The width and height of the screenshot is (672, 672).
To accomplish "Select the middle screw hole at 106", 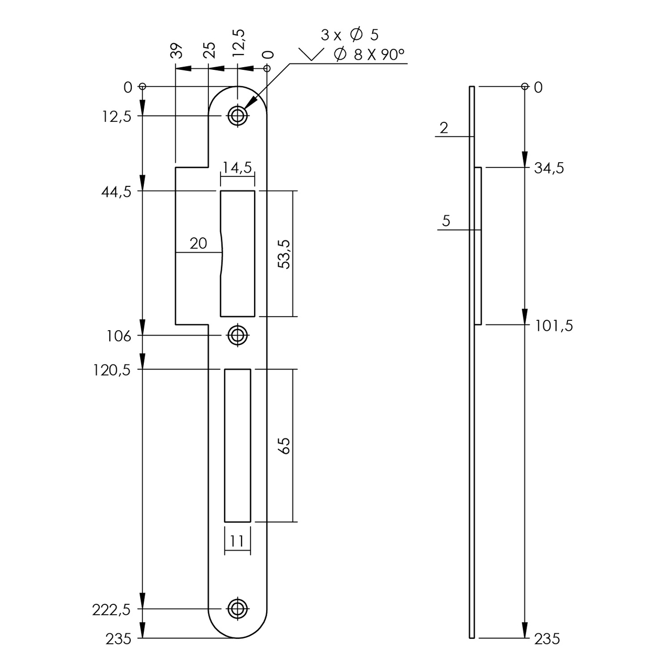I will pos(238,335).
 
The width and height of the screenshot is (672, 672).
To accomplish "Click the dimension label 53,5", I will pos(283,254).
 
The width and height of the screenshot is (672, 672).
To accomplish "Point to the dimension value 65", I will pos(283,445).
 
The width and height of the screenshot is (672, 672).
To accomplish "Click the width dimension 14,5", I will pos(237,167).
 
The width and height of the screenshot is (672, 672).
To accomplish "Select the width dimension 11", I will pos(237,541).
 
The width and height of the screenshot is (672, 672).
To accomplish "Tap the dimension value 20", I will pos(198,244).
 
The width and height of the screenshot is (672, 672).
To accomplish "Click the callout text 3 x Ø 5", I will pos(350,35).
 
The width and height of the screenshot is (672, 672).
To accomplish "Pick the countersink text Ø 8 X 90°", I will pos(369,54).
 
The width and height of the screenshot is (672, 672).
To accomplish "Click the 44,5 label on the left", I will pos(116,191).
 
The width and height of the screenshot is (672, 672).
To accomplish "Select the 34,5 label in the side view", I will pos(549,169).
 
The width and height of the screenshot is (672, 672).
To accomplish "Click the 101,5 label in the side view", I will pos(554,326).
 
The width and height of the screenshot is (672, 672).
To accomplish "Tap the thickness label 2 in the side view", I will pos(444,128).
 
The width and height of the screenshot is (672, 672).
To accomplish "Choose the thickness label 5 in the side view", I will pos(446,220).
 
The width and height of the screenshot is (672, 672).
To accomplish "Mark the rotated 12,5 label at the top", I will pos(239,43).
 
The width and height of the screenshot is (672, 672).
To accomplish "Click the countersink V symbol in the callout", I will pos(311,55).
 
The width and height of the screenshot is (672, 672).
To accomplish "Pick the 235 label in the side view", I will pos(547,639).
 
